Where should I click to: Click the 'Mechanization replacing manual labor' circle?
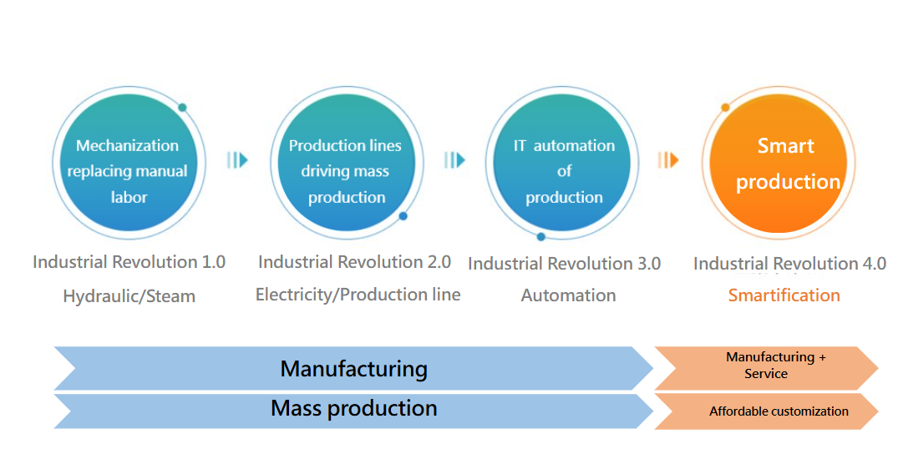128,171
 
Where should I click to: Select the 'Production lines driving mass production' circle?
346,171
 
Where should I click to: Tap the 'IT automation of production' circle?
564,171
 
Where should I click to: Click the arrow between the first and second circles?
238,159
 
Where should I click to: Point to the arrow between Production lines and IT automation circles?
454,159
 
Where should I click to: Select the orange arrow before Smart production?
667,159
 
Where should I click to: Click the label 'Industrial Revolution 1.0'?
129,262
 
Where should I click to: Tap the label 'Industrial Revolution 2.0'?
354,262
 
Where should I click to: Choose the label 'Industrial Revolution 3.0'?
564,264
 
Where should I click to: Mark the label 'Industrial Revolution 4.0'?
789,264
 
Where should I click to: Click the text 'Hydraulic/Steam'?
129,295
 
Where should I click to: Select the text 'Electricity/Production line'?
358,295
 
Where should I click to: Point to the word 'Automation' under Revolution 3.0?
568,295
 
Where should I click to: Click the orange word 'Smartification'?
784,295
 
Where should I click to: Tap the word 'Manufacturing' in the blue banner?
353,369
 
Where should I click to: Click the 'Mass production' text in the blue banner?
353,408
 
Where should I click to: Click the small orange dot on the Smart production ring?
725,108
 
